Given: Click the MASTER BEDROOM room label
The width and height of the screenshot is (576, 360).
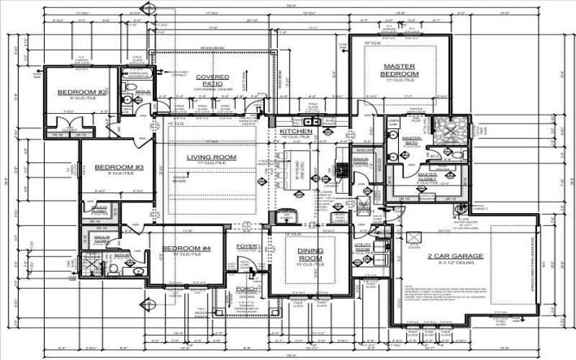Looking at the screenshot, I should point(400,71).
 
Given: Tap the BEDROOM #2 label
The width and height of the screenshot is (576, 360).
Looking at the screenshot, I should point(83,93).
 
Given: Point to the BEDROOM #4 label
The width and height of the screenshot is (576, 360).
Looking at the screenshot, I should point(186,248).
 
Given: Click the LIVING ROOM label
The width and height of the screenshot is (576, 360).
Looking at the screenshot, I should point(212,157).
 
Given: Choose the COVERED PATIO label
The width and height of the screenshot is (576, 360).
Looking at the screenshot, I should point(213,80).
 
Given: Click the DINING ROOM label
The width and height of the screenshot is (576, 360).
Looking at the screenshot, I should point(312,254).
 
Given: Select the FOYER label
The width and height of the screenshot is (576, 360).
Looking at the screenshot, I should point(246,246).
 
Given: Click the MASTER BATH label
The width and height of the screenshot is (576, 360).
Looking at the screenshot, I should point(412,140).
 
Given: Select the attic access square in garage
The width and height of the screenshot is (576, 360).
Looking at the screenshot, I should point(413,239).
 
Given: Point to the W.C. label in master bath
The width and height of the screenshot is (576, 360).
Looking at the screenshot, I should point(435,155).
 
